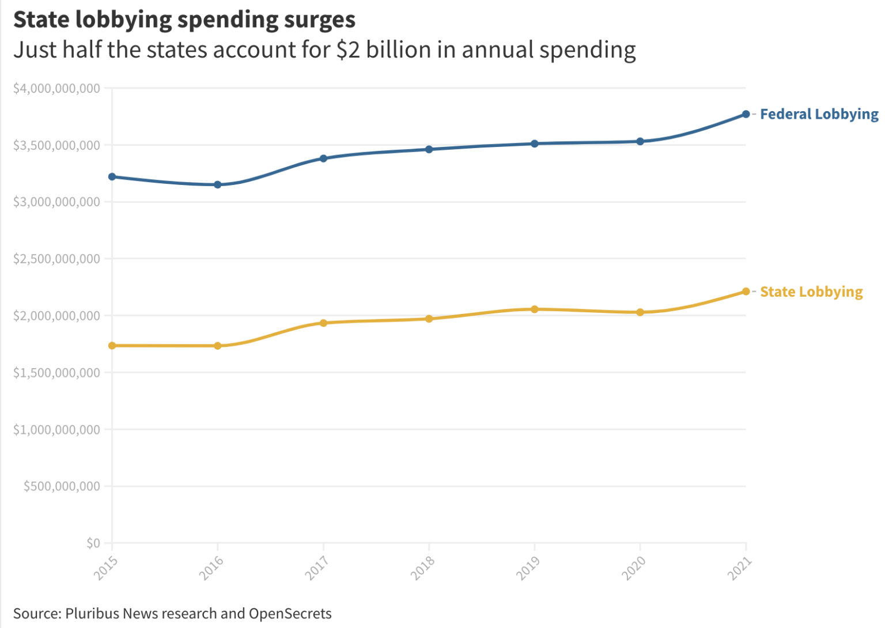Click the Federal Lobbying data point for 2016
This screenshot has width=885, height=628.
point(218,185)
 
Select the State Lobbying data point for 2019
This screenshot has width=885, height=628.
point(535,309)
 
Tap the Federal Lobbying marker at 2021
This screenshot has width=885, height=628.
point(746,114)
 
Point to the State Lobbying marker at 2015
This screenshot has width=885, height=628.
point(112,346)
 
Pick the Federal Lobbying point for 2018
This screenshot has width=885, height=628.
point(429,149)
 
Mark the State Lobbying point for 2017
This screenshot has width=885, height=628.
point(323,323)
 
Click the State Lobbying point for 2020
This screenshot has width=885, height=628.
point(640,312)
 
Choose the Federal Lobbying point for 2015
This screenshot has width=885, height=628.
point(112,177)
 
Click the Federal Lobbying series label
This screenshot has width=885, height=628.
point(819,114)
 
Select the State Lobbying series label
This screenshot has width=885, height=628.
point(811,292)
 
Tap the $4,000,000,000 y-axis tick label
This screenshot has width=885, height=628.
point(56,88)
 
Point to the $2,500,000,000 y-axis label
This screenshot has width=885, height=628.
point(56,259)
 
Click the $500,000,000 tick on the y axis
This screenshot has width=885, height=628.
point(62,486)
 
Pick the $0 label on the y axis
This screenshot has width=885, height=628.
point(93,543)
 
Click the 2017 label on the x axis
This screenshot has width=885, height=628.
point(317,568)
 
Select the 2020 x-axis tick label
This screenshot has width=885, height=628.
point(634,568)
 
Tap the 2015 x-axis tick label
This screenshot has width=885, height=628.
point(106,568)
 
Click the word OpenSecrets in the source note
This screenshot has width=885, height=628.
point(290,614)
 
